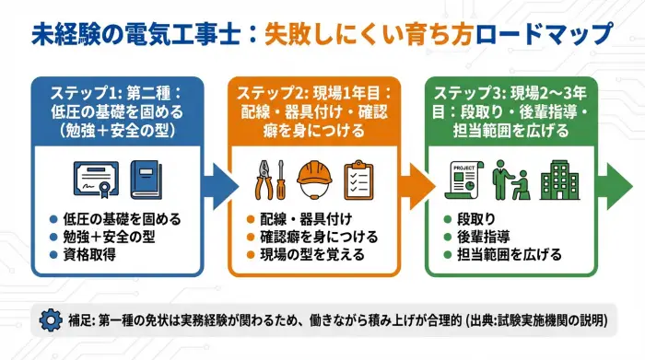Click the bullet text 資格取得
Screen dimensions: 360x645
pyautogui.click(x=88, y=253)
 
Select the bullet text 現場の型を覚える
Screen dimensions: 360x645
pyautogui.click(x=313, y=253)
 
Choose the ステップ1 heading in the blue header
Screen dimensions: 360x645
pyautogui.click(x=84, y=94)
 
